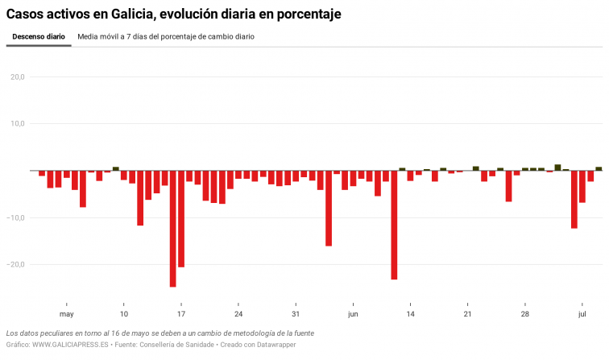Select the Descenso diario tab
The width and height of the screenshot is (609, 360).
click(x=39, y=37)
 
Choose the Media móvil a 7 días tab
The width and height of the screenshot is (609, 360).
click(x=166, y=37)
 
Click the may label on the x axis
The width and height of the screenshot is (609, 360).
click(x=67, y=314)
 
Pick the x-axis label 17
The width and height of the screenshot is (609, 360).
click(x=181, y=314)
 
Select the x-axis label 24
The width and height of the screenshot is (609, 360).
click(x=238, y=314)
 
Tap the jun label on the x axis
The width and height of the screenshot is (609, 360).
click(x=353, y=314)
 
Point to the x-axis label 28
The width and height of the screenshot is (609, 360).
click(x=525, y=314)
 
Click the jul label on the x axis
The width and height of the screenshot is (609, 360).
click(x=582, y=314)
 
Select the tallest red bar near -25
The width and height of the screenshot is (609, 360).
click(x=173, y=229)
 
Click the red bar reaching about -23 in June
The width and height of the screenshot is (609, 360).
click(x=394, y=225)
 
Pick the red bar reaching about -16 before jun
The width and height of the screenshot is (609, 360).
click(x=329, y=209)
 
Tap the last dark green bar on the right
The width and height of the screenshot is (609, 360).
click(x=599, y=168)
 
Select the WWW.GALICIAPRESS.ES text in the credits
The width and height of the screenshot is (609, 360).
click(x=71, y=345)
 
